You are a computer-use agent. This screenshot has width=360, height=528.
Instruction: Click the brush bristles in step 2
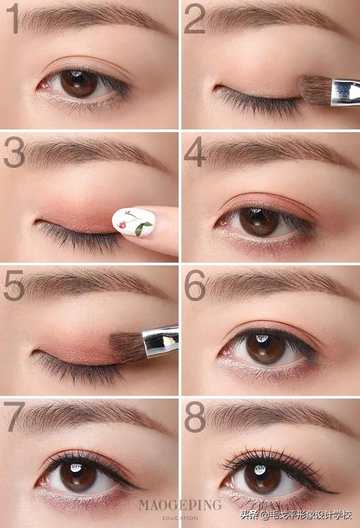(x=315, y=90)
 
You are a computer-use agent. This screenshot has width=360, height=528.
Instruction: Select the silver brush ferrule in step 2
(x=345, y=92)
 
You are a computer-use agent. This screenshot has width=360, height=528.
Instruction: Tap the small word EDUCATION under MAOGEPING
(x=181, y=517)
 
